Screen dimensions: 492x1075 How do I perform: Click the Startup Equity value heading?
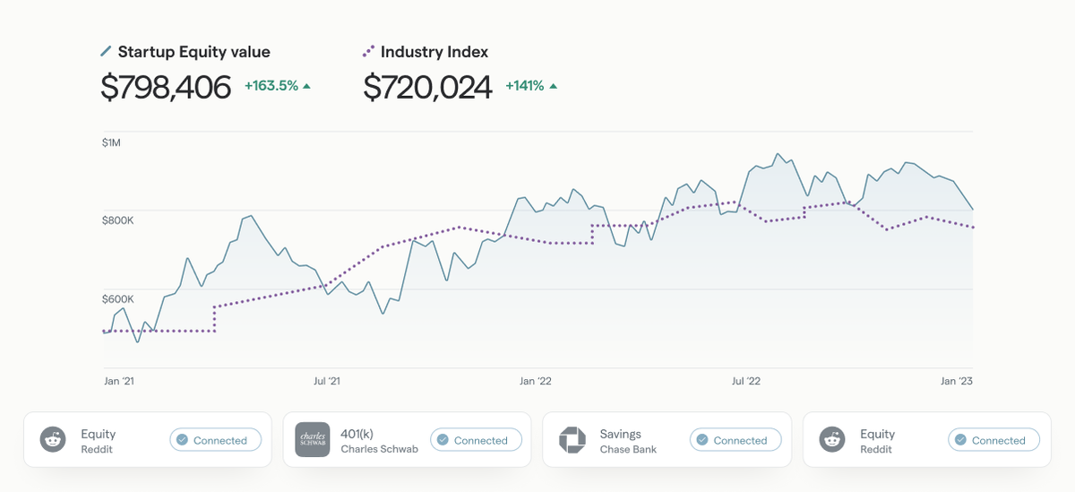pyautogui.click(x=193, y=52)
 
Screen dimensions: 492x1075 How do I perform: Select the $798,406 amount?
pyautogui.click(x=166, y=87)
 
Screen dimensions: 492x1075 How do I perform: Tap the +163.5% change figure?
pyautogui.click(x=271, y=86)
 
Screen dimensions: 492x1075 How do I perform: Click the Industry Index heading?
pyautogui.click(x=434, y=52)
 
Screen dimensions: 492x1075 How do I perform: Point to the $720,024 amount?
pyautogui.click(x=427, y=87)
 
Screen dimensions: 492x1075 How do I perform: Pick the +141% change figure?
pyautogui.click(x=525, y=86)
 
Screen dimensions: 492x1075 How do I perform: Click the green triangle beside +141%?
pyautogui.click(x=553, y=86)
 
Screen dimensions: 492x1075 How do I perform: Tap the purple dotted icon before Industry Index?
pyautogui.click(x=368, y=52)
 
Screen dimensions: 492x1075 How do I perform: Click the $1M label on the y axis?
pyautogui.click(x=111, y=143)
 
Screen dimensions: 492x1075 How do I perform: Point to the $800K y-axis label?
pyautogui.click(x=117, y=220)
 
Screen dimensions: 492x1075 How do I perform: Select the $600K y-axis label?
pyautogui.click(x=117, y=298)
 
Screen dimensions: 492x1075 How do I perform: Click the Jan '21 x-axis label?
pyautogui.click(x=119, y=381)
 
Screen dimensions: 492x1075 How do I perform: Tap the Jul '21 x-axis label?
pyautogui.click(x=327, y=381)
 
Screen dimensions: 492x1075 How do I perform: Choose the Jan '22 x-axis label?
pyautogui.click(x=537, y=381)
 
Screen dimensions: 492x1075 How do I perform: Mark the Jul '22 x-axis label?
pyautogui.click(x=745, y=381)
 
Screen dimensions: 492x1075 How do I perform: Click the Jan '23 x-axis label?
pyautogui.click(x=956, y=381)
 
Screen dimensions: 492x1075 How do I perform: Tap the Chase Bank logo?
pyautogui.click(x=572, y=440)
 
